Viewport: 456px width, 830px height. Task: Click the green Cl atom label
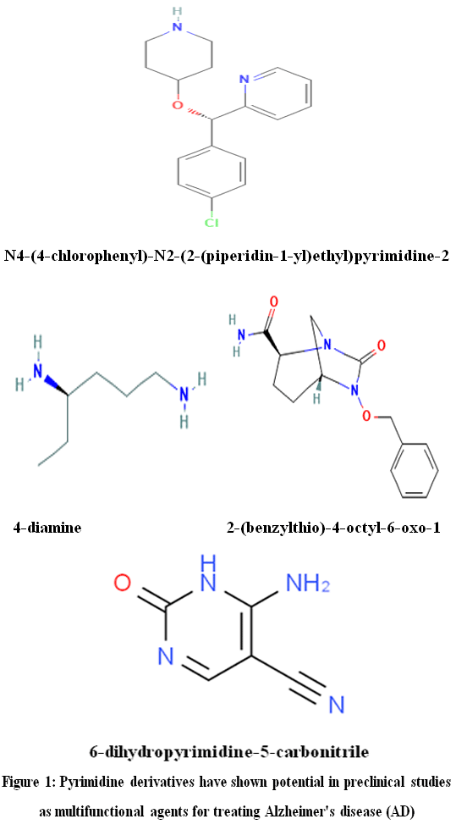coord(212,223)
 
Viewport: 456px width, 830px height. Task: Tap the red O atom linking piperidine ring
coord(179,104)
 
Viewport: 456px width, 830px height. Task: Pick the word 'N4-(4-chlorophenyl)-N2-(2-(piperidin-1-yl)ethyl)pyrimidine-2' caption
coord(227,256)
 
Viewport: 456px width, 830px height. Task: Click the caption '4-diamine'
coord(47,527)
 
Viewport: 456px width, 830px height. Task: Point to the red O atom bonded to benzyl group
coord(367,417)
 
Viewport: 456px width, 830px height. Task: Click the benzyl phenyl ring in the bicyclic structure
coord(415,468)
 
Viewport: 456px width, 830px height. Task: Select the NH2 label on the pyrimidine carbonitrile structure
coord(307,584)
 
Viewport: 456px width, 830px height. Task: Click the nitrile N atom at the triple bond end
coord(336,705)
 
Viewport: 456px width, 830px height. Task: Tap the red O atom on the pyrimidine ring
coord(122,584)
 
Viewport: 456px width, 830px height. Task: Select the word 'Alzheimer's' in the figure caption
coord(288,811)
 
